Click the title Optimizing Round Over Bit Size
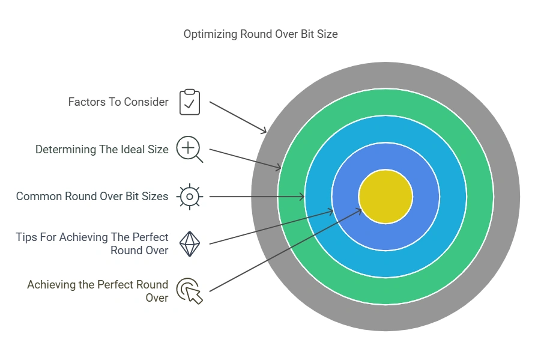pos(261,34)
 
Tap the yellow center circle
pos(385,197)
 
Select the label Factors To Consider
pos(118,102)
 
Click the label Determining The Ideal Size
pos(102,150)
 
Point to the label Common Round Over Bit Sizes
pos(92,197)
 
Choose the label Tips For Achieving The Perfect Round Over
pos(92,244)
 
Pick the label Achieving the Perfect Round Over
pos(97,291)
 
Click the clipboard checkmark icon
pos(190,102)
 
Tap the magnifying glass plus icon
pos(190,149)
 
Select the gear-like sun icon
pos(190,197)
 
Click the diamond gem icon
pos(190,244)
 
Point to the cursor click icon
pos(190,291)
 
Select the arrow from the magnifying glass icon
pos(245,159)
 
